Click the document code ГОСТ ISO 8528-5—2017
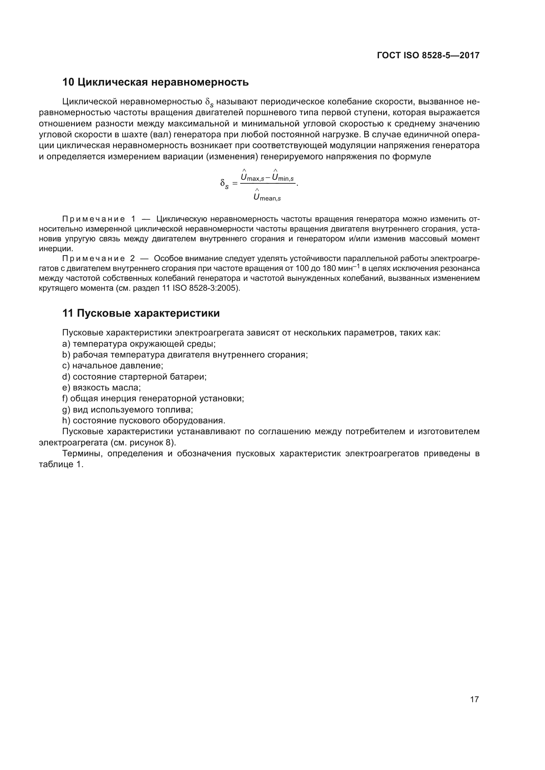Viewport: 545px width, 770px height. point(428,55)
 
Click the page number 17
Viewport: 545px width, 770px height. point(474,699)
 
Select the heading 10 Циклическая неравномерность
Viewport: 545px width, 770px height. point(156,82)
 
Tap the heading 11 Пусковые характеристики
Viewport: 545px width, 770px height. point(141,313)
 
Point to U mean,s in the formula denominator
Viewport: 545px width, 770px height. point(267,197)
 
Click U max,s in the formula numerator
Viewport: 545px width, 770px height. point(252,177)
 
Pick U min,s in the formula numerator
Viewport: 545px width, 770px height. point(283,177)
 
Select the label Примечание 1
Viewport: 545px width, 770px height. point(99,219)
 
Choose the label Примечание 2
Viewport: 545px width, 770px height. point(98,258)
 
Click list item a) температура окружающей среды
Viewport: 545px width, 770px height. point(139,344)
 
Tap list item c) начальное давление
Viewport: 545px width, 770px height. point(113,365)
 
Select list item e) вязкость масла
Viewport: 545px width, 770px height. point(102,388)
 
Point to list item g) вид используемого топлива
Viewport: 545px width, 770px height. point(128,410)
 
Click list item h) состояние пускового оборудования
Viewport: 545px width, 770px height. point(144,420)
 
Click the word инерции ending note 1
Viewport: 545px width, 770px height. point(56,249)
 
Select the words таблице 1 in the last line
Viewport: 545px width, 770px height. point(61,465)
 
